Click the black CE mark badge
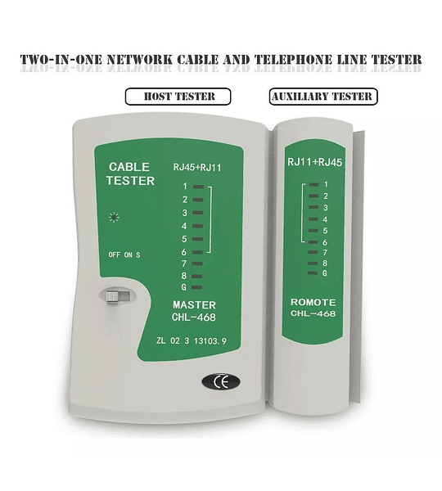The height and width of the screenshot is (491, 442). click(x=221, y=381)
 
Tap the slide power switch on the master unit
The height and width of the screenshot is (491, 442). click(x=117, y=296)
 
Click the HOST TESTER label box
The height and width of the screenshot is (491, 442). click(x=178, y=97)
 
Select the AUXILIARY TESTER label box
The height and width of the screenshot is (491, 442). click(x=323, y=97)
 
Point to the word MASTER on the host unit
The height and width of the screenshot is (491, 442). click(x=194, y=305)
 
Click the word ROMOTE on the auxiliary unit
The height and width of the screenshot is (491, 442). click(x=313, y=302)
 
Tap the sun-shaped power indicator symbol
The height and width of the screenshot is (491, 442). click(x=114, y=218)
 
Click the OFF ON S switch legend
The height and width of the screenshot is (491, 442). click(x=124, y=255)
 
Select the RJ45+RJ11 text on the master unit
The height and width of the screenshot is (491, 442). click(x=197, y=168)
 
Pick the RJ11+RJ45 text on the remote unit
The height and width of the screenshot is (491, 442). click(x=314, y=162)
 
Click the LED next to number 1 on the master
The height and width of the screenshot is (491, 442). click(x=198, y=187)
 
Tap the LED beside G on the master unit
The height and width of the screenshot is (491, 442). click(x=196, y=287)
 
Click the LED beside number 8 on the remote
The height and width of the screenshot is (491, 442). click(x=313, y=264)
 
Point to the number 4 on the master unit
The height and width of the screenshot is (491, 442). click(x=184, y=226)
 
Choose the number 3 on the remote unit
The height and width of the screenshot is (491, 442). click(x=326, y=208)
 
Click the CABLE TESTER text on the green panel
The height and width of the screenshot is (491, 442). click(x=130, y=173)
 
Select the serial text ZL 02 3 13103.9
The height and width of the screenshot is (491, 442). click(x=192, y=340)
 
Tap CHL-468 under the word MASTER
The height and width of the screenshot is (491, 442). click(x=194, y=318)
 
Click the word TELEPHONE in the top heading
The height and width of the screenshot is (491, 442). click(x=293, y=60)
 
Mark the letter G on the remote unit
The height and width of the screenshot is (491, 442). click(x=325, y=273)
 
